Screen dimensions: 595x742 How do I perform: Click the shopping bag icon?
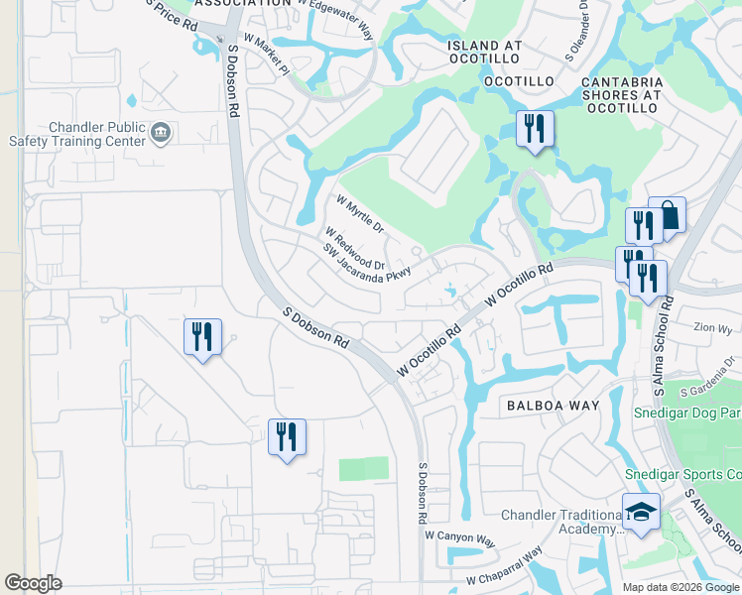tap(668, 216)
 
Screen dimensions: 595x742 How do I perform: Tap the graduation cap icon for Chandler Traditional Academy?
tap(641, 513)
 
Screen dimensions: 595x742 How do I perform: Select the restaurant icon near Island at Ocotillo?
tap(535, 129)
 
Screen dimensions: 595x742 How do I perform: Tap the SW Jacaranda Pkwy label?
tap(365, 266)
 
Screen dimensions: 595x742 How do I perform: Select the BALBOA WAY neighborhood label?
tap(553, 406)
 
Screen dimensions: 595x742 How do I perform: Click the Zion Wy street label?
tap(712, 327)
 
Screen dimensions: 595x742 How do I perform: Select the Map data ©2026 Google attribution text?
tap(680, 587)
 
